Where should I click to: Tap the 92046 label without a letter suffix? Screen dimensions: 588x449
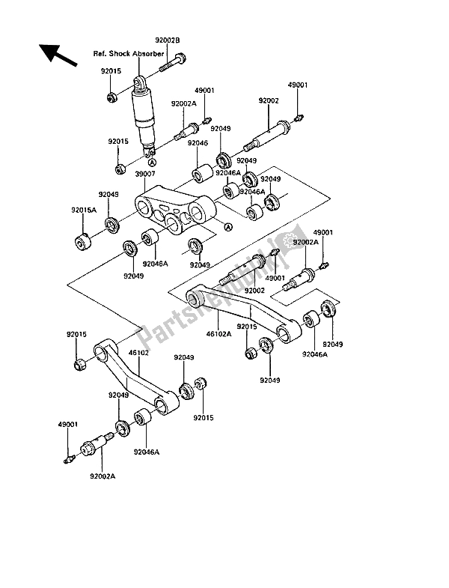click(x=198, y=142)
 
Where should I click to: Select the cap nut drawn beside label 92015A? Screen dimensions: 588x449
click(x=82, y=243)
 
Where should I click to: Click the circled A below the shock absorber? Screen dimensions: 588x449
click(x=152, y=162)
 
